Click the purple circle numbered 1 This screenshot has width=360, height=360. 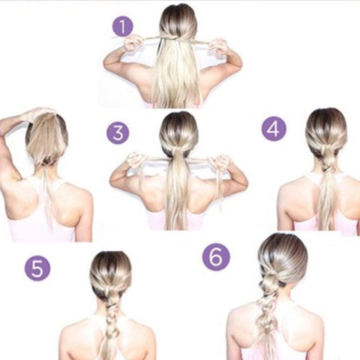pyautogui.click(x=122, y=26)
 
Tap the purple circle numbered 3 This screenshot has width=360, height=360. pyautogui.click(x=118, y=133)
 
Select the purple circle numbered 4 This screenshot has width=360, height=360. pyautogui.click(x=274, y=129)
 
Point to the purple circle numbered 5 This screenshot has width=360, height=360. pyautogui.click(x=37, y=268)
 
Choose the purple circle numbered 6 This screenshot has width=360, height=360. pyautogui.click(x=216, y=257)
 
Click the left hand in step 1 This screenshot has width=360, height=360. pyautogui.click(x=132, y=43)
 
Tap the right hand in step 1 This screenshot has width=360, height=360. pyautogui.click(x=217, y=46)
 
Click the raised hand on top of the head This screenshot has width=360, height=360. pyautogui.click(x=40, y=113)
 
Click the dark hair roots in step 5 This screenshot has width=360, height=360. pyautogui.click(x=110, y=261)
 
